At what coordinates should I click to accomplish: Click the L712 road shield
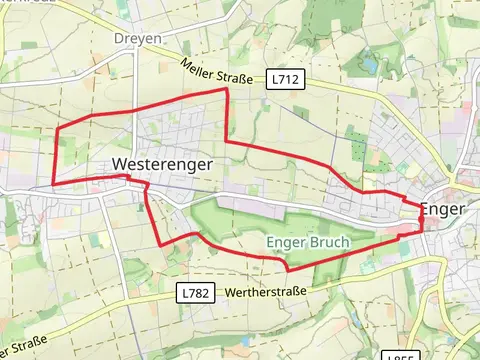(x=285, y=77)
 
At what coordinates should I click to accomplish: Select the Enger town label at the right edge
(x=442, y=209)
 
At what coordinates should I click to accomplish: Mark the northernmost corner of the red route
(x=226, y=89)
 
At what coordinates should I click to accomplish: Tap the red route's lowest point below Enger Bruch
(x=288, y=269)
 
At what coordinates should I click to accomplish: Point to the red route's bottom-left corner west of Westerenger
(x=54, y=185)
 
